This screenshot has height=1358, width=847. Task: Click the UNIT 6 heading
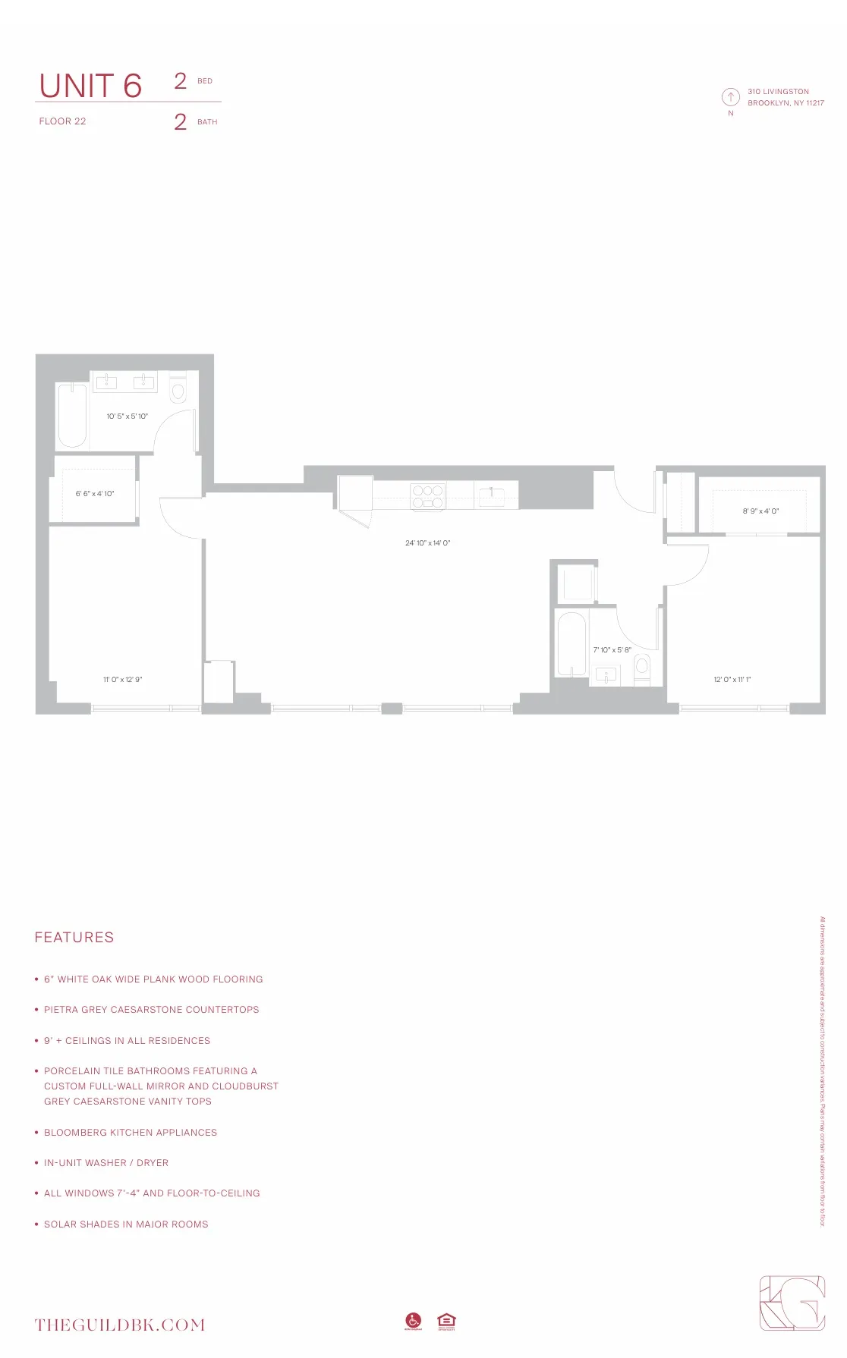[90, 86]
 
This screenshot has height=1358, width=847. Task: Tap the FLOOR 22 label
[62, 121]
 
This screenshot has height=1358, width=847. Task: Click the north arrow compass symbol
[730, 96]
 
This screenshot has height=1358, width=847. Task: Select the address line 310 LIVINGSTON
[778, 92]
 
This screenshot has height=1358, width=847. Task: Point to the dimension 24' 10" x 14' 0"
[427, 543]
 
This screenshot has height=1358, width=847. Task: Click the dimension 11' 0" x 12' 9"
[122, 680]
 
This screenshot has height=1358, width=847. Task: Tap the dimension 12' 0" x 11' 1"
[732, 680]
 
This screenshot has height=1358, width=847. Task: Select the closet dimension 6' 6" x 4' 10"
[95, 494]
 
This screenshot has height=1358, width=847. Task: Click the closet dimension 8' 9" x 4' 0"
[760, 511]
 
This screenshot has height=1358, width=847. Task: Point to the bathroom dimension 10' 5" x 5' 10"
[127, 417]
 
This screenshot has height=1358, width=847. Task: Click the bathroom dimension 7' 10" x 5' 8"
[612, 650]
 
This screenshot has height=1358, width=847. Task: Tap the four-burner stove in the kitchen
[427, 496]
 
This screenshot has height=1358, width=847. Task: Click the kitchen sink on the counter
[491, 495]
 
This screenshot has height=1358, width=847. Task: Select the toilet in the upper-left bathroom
[178, 389]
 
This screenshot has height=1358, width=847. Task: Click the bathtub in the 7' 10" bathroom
[571, 643]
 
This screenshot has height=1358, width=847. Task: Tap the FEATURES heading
[74, 938]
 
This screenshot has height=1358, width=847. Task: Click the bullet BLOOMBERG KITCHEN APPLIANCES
[130, 1133]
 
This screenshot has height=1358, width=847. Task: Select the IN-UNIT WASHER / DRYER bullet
[106, 1163]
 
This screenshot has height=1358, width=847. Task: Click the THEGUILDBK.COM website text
[120, 1325]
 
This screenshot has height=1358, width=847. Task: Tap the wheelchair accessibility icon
[413, 1321]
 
